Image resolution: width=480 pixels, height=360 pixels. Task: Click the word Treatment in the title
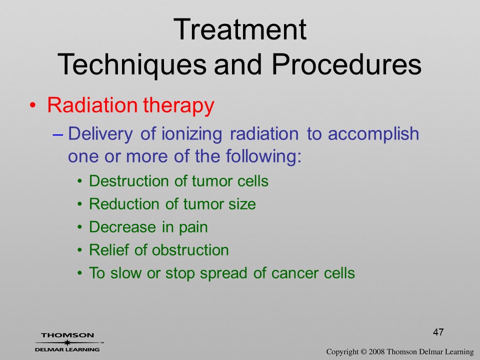coord(239,29)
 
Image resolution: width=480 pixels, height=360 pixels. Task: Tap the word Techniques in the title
coord(132,64)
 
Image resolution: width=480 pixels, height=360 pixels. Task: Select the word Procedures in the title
coord(346,64)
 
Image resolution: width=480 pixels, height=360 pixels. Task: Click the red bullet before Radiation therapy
coord(32,106)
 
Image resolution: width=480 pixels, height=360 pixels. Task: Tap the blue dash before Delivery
coord(57,134)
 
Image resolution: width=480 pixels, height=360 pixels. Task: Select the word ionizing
coord(191,134)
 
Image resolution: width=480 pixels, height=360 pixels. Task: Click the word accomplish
coord(373,134)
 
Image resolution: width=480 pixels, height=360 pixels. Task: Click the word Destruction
coord(129,181)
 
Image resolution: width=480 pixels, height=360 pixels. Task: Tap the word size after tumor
coord(242,204)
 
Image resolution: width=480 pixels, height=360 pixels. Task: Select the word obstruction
coord(190,250)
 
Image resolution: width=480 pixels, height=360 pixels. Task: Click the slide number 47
coord(438,332)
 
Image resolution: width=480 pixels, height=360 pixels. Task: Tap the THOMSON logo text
coord(67,335)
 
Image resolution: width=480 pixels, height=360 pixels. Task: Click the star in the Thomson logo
coord(67,342)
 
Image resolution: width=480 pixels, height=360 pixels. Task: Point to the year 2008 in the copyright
coord(376,351)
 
